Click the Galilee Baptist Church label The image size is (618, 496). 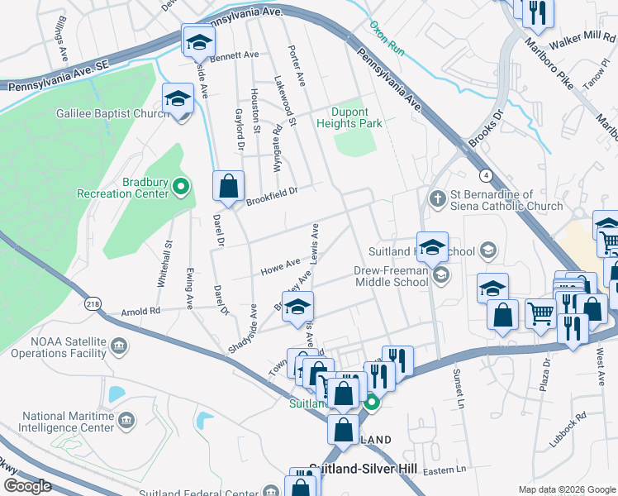coord(112,113)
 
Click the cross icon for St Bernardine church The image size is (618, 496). coord(438,198)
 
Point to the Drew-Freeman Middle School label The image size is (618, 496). coord(392,276)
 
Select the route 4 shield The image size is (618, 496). coord(486,175)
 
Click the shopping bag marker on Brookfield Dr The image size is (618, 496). coord(228,186)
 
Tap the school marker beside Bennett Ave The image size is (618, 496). coord(198,41)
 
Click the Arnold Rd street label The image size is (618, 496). coord(139,312)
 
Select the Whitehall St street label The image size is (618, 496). coord(165,264)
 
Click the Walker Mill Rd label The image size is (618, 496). coord(582,39)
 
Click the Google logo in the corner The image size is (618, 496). coord(28,486)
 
